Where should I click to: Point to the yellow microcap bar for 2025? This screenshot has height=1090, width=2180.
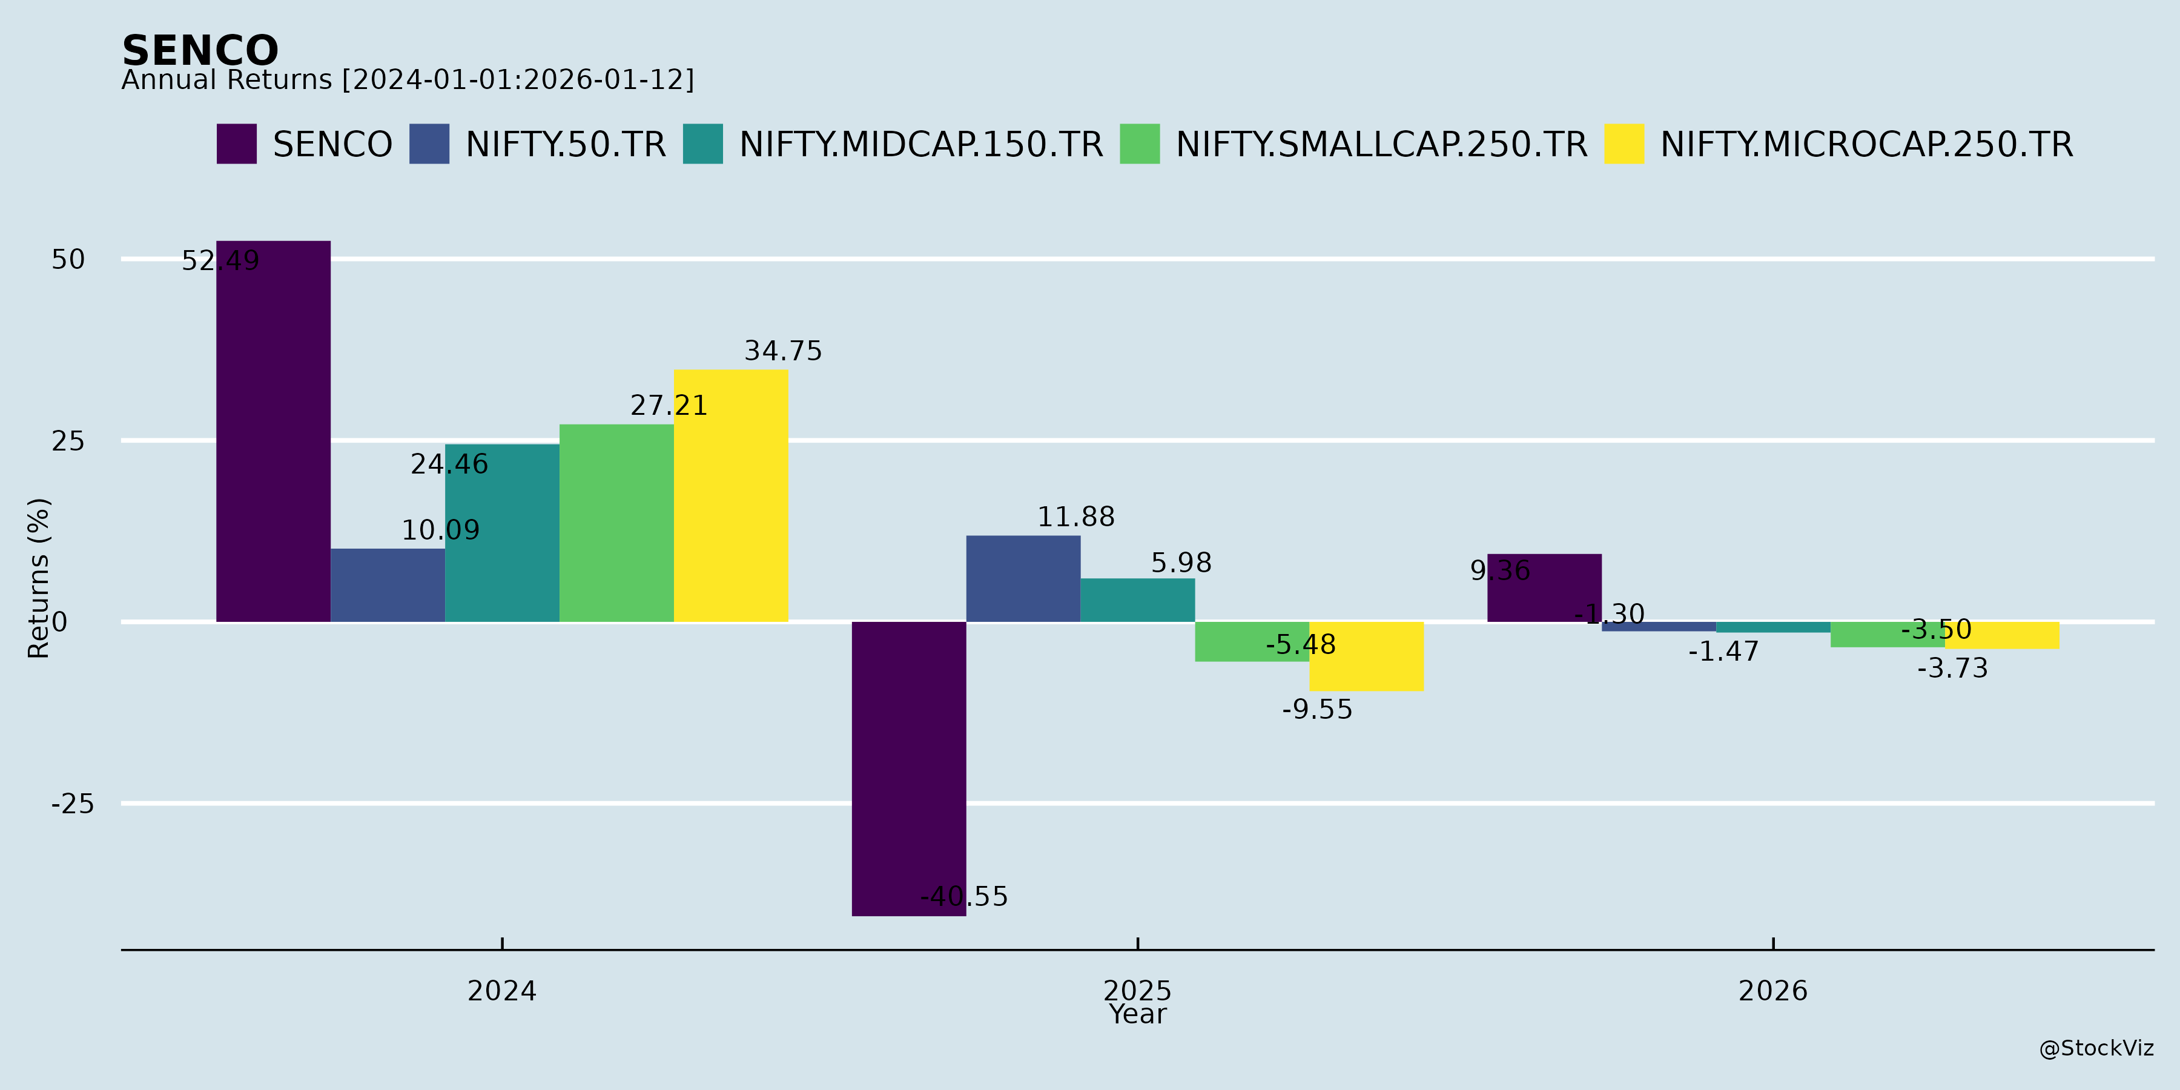1367,656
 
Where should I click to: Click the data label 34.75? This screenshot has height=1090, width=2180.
783,351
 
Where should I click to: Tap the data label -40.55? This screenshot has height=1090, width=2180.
964,897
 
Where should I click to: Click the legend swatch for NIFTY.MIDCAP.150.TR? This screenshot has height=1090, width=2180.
703,144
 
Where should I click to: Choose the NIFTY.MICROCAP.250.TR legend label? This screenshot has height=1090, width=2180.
1866,145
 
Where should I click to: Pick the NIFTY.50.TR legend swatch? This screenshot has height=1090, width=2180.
429,144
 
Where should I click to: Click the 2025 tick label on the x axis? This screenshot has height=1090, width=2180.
1137,991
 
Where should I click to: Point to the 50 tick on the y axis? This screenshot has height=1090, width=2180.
68,260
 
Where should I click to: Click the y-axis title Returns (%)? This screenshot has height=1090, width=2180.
39,578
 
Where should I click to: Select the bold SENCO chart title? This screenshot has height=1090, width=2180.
200,51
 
